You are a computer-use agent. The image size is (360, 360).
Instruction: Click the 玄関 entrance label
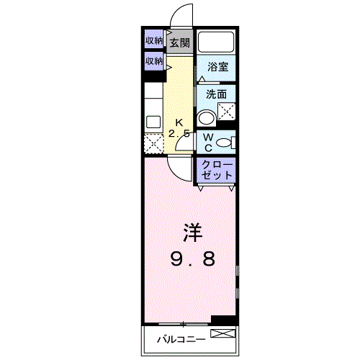pos(180,42)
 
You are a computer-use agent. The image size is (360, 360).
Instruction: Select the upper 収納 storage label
pos(154,40)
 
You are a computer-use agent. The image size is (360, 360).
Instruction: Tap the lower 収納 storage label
pos(154,61)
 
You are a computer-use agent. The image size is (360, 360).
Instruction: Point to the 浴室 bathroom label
pos(217,66)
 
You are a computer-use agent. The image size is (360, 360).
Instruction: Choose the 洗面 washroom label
pos(216,94)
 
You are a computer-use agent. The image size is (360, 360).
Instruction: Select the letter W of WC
pos(207,137)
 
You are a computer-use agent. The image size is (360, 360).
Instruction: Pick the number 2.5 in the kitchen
pos(180,133)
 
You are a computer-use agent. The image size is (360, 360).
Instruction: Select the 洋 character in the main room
pos(191,232)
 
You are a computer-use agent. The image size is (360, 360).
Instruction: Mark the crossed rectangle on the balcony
pos(223,333)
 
